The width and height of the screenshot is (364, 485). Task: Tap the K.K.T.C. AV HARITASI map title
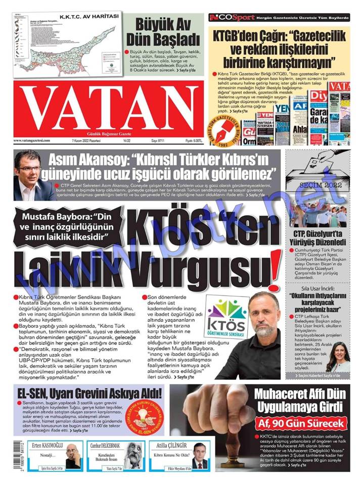click(x=89, y=16)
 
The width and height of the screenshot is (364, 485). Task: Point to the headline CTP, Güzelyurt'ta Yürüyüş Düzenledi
click(x=321, y=237)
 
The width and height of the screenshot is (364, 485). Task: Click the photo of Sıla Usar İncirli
click(x=337, y=356)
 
